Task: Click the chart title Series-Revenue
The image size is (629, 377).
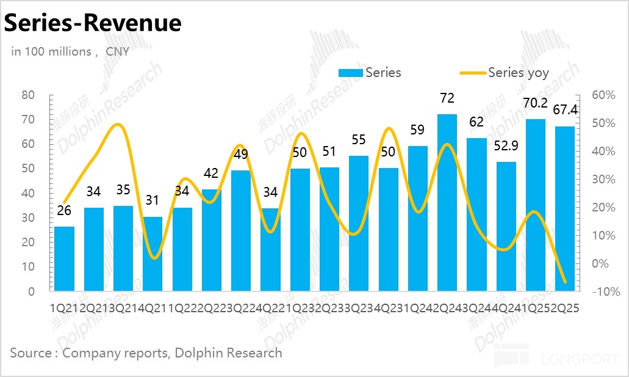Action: tap(93, 23)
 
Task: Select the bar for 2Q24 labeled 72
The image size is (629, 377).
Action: tap(447, 202)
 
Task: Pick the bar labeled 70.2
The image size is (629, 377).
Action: tap(536, 205)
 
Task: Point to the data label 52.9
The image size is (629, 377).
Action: tap(506, 146)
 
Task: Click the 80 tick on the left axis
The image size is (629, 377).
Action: tap(28, 95)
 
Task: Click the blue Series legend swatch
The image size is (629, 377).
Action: tap(351, 73)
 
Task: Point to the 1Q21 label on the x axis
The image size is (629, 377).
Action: tap(62, 309)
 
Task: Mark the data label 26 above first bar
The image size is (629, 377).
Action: tap(64, 211)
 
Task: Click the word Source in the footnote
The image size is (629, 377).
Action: tap(29, 353)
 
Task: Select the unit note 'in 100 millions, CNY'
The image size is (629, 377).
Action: tap(70, 51)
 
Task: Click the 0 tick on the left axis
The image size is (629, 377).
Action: tap(31, 291)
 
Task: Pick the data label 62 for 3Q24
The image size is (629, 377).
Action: tap(476, 122)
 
